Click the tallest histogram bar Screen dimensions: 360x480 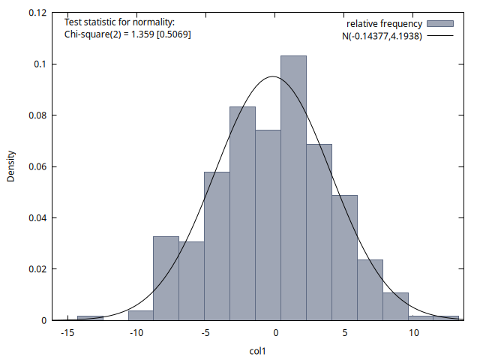pyautogui.click(x=293, y=187)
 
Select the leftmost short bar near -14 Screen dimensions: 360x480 pyautogui.click(x=90, y=317)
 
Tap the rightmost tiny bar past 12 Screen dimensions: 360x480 pyautogui.click(x=446, y=317)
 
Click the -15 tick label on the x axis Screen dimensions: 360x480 pyautogui.click(x=67, y=333)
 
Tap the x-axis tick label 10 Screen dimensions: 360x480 pyautogui.click(x=414, y=333)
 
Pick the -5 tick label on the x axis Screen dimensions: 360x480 pyautogui.click(x=205, y=333)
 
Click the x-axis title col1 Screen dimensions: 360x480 pyautogui.click(x=258, y=350)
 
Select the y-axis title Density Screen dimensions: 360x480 pyautogui.click(x=11, y=166)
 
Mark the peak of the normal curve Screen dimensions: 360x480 pyautogui.click(x=272, y=76)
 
